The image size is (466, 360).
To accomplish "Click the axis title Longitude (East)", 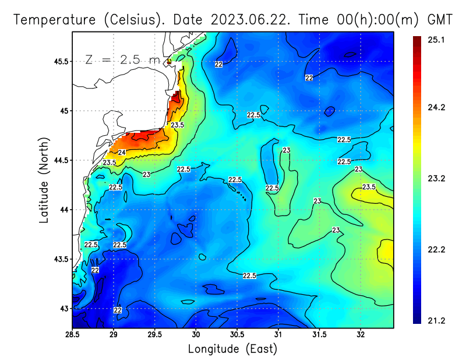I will pos(232,349).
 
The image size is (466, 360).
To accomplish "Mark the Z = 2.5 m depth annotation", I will pos(122,60).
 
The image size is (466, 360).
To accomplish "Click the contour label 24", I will pos(122,153).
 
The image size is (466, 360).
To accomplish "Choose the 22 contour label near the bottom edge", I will pos(118,310).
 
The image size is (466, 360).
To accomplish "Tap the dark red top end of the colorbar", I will pos(417,41).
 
